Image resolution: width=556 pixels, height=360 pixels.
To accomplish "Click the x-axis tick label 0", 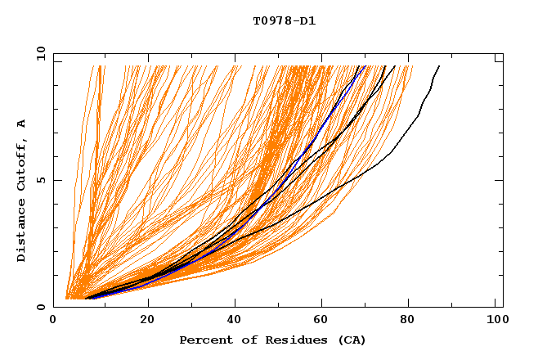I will pos(53,322).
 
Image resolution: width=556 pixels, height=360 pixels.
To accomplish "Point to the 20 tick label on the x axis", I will pos(147,322).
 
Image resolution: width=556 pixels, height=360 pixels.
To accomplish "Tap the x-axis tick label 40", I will pos(235,322).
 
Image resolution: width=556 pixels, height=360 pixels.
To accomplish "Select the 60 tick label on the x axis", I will pos(324,322).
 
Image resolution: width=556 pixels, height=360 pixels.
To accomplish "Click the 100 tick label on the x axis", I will pos(495,322).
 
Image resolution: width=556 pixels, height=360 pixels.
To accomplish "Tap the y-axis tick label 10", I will pos(40,54).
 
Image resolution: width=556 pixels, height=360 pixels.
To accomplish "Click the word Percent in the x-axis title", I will pos(205,340).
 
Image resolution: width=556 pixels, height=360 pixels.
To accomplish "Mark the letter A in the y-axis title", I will pos(22,124).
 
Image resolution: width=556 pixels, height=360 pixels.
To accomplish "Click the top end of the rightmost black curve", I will pos(439,65).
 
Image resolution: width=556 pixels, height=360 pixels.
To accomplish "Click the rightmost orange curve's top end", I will pos(413,65).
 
